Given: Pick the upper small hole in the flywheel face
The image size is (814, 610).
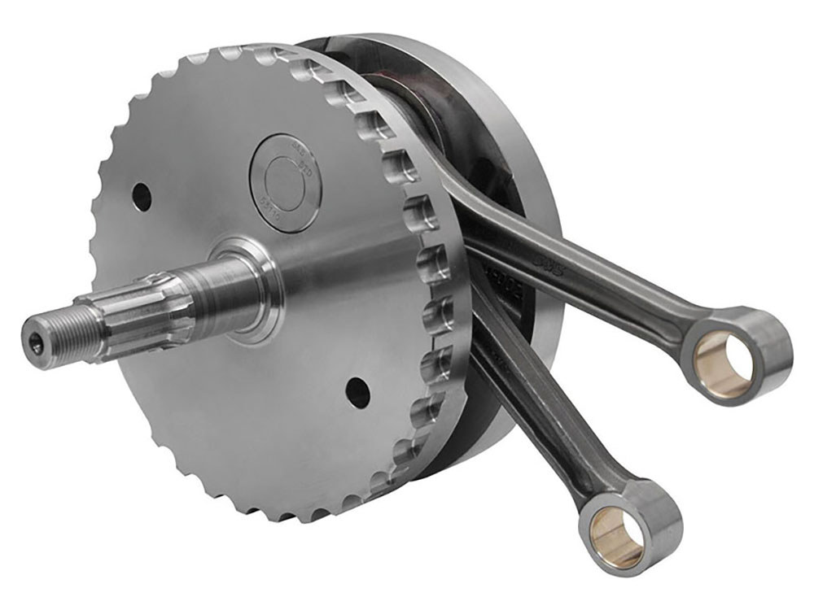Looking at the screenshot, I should pyautogui.click(x=142, y=196).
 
